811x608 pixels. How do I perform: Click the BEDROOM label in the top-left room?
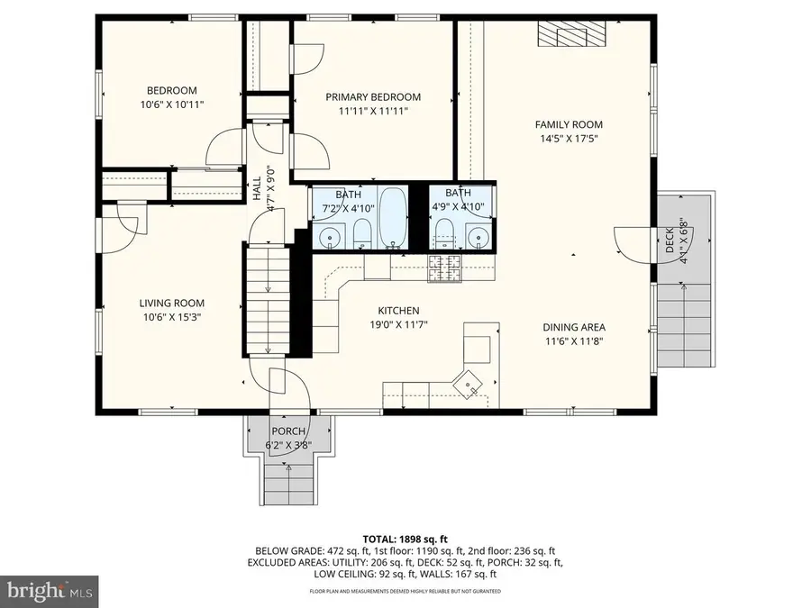coord(171,90)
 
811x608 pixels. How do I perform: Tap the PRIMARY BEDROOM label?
coord(373,97)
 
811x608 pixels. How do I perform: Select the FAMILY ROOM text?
coord(568,124)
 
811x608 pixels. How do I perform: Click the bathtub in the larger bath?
coord(393,216)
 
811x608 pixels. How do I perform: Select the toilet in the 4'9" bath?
coord(443,239)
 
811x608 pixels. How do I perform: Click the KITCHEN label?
coord(399,310)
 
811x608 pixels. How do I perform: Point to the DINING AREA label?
coord(573,327)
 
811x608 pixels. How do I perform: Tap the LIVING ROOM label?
coord(171,303)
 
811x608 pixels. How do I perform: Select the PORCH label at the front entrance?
coord(284,431)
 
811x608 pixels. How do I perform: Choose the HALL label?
coord(257,187)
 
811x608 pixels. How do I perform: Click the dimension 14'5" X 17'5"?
coord(568,139)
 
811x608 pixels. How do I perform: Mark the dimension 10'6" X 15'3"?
coord(171,316)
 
